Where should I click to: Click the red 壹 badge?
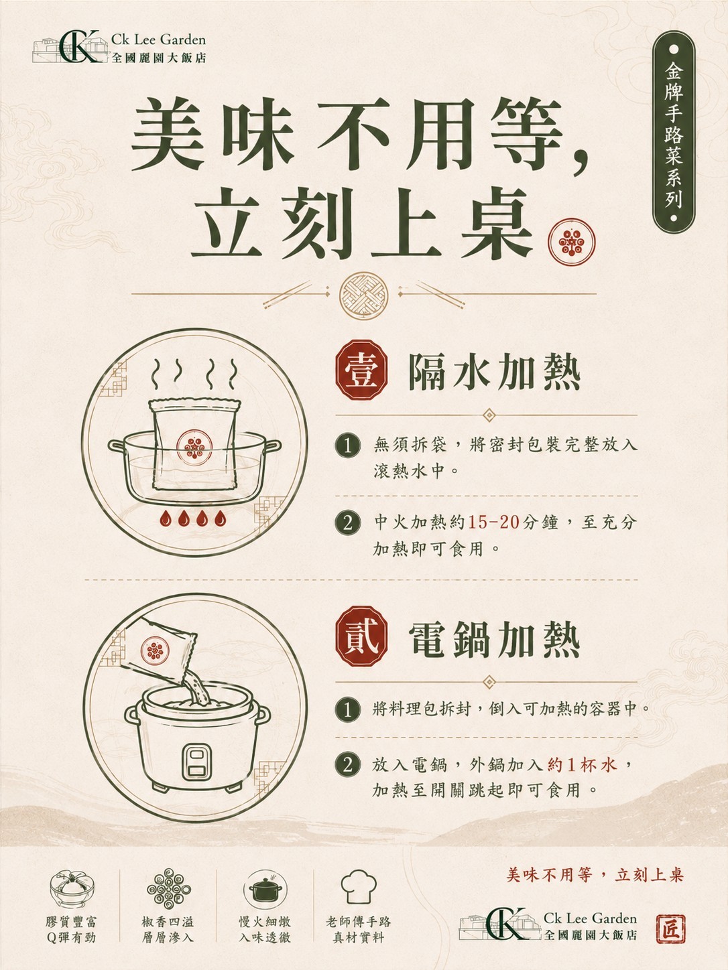click(361, 370)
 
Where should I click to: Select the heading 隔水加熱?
click(494, 372)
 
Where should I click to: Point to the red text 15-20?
click(493, 522)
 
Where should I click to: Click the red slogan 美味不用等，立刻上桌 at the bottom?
click(595, 875)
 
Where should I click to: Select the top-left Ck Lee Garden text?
click(158, 40)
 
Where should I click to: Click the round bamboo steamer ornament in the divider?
click(363, 295)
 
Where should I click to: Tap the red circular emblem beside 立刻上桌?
click(572, 242)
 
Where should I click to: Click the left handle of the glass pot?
click(116, 445)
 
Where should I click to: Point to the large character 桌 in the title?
click(496, 223)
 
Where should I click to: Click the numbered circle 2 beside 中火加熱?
click(348, 523)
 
